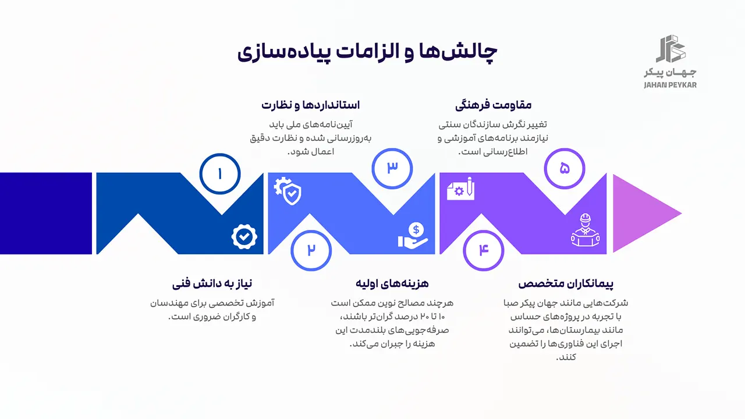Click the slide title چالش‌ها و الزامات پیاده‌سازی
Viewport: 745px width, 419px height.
367,51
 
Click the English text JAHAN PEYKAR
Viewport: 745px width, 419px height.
670,85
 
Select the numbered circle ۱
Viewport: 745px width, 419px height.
220,173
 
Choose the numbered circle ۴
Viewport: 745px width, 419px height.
484,250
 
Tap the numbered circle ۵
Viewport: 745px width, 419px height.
565,168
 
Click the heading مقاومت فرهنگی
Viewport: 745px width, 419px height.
494,105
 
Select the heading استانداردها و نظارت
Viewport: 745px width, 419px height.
311,105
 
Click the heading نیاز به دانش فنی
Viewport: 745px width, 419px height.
212,283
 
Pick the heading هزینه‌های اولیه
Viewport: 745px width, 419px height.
392,283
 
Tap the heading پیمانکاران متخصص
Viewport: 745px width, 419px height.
566,283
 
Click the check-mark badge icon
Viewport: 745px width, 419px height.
244,236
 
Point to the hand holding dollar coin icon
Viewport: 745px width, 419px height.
413,235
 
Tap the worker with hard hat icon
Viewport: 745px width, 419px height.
584,231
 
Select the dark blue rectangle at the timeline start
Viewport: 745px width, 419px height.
46,213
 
